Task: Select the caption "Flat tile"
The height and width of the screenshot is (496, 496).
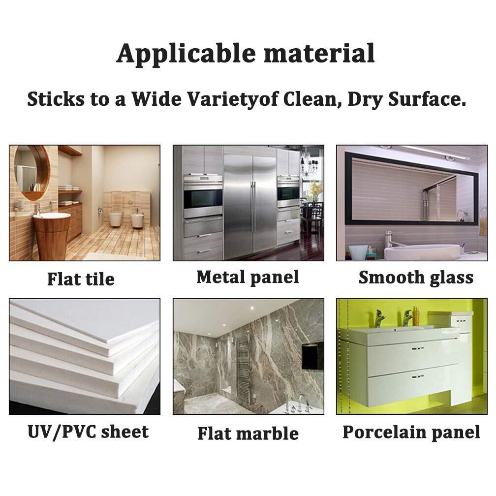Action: [x=81, y=279]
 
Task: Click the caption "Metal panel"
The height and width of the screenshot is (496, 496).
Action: [x=248, y=278]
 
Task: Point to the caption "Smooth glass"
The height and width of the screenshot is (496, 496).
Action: [x=416, y=278]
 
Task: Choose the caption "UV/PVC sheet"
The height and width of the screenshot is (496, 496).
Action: [x=88, y=432]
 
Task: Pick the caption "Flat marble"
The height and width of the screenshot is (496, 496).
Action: [x=248, y=434]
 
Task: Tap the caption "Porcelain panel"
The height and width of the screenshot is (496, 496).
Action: [x=411, y=432]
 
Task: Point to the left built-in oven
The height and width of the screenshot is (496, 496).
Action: [x=203, y=197]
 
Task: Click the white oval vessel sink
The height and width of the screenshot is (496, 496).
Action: [x=422, y=251]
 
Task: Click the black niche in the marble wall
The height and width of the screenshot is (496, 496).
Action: [x=312, y=356]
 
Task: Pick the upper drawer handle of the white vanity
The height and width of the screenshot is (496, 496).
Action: [x=418, y=348]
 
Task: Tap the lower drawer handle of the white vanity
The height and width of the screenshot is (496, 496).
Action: [x=418, y=377]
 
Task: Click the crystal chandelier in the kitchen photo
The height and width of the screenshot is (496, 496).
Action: [x=309, y=165]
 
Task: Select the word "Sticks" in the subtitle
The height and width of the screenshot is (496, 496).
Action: [x=56, y=99]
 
